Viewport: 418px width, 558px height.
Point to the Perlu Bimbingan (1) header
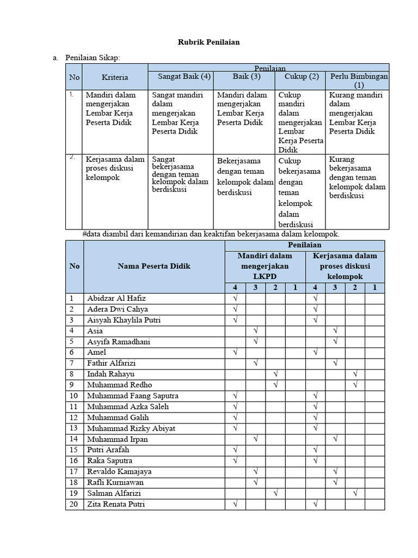coord(359,81)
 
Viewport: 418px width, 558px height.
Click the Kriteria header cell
coord(115,77)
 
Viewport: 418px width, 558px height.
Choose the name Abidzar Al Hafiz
coord(116,299)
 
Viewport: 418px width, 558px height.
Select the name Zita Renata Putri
coord(116,504)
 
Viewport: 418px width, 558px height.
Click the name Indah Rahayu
coord(110,374)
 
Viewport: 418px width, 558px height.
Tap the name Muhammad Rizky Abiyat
coord(131,428)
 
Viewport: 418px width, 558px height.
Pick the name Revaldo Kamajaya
coord(119,471)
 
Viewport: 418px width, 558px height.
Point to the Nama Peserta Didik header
coord(154,266)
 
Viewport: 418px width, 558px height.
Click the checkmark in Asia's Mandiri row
coord(255,331)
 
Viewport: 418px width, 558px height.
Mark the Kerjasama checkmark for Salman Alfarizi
coord(355,493)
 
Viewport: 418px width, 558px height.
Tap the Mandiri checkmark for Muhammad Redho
coord(275,385)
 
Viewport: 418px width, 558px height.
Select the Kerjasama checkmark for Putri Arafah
coord(315,450)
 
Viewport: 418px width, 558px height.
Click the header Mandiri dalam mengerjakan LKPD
coord(265,266)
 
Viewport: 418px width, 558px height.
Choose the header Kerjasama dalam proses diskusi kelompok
coord(345,266)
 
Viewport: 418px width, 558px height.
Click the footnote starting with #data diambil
coord(211,234)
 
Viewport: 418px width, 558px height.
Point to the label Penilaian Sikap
coord(93,57)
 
